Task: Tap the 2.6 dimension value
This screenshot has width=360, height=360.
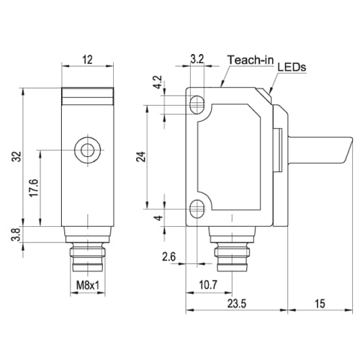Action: point(168,256)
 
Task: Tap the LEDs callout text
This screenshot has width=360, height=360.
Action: point(292,67)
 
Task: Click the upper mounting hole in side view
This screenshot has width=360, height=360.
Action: point(195,105)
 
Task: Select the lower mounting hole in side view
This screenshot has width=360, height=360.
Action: point(195,210)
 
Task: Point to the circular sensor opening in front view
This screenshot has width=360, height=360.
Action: point(88,150)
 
